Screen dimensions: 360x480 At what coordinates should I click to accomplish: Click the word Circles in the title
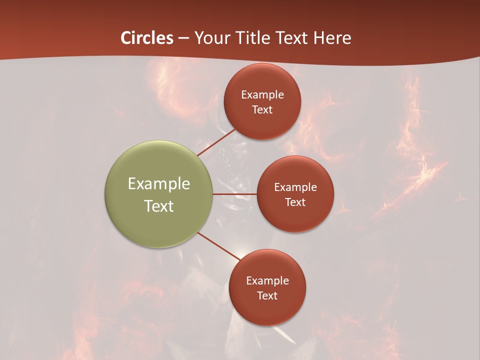coord(147,38)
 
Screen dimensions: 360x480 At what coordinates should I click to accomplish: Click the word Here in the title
coord(332,38)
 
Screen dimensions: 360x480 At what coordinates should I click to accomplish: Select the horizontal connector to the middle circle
coord(234,194)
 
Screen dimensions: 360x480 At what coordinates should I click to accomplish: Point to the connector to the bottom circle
coord(218,246)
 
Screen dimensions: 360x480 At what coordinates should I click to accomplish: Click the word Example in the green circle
coord(159,184)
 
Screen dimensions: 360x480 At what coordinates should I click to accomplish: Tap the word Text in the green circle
coord(159,206)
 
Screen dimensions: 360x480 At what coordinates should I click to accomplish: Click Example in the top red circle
coord(262,94)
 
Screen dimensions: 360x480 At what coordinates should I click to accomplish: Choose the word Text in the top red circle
coord(262,109)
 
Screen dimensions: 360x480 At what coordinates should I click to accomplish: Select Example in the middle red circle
coord(295,187)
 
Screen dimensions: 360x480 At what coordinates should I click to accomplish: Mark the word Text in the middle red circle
coord(295,202)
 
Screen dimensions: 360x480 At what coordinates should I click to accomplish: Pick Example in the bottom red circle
coord(267,280)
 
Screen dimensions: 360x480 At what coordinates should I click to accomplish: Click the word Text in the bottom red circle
coord(267,295)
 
